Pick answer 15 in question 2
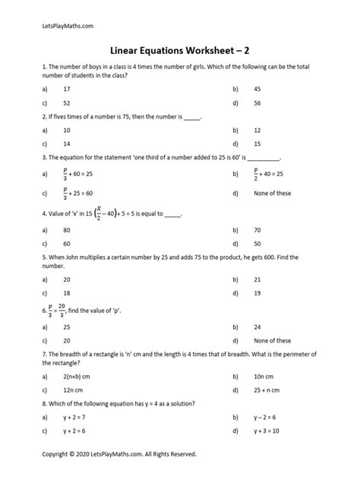pyautogui.click(x=257, y=143)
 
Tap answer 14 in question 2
pyautogui.click(x=74, y=143)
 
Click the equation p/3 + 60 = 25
pyautogui.click(x=87, y=173)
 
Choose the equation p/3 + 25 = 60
pyautogui.click(x=87, y=193)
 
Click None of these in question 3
pyautogui.click(x=272, y=193)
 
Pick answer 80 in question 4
pyautogui.click(x=74, y=229)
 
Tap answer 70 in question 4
pyautogui.click(x=257, y=229)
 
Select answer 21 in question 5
pyautogui.click(x=257, y=279)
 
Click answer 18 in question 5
pyautogui.click(x=74, y=292)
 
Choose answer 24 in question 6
pyautogui.click(x=257, y=327)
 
